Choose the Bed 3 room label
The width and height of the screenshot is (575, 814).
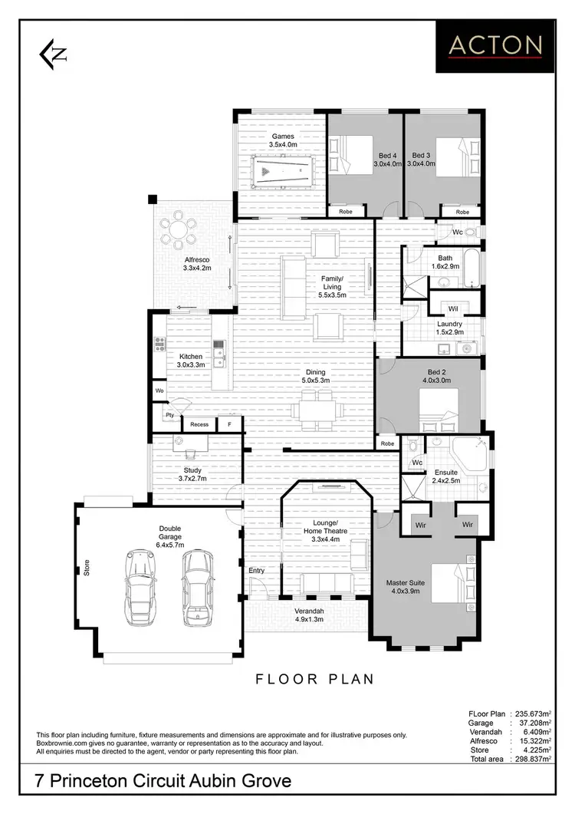421,155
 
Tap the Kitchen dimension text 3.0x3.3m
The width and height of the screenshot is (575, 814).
191,366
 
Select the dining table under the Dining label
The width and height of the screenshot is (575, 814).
316,410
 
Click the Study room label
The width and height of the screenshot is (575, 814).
192,470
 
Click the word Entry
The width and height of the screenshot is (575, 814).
256,571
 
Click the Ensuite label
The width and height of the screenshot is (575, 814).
445,473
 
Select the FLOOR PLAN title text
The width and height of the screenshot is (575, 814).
314,678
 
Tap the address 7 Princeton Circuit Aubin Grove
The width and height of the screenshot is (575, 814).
164,783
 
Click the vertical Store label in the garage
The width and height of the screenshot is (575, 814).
87,568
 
